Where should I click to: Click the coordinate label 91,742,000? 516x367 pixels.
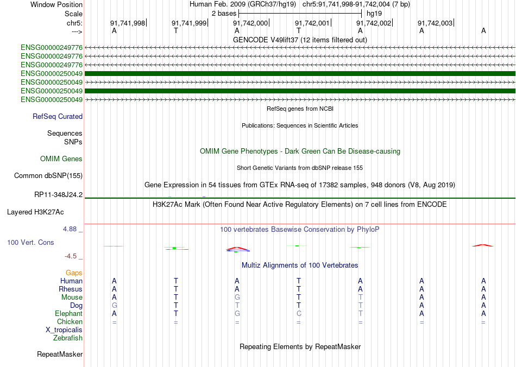[x=250, y=23]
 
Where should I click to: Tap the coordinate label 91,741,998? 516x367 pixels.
[x=128, y=23]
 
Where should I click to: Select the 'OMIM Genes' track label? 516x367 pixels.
[x=61, y=159]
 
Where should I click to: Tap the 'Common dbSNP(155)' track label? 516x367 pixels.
[x=48, y=175]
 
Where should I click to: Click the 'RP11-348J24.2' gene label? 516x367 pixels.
[x=58, y=194]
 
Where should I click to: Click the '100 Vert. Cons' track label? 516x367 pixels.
[x=30, y=242]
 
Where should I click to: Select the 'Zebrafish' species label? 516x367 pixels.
[x=68, y=338]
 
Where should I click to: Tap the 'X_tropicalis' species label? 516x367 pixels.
[x=64, y=330]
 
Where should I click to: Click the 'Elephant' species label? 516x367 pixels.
[x=68, y=313]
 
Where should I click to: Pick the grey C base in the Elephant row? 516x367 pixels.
[x=298, y=313]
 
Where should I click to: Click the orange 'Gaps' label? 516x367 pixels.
[x=74, y=273]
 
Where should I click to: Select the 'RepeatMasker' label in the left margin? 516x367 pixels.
[x=60, y=355]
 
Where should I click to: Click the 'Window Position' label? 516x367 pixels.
[x=56, y=4]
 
